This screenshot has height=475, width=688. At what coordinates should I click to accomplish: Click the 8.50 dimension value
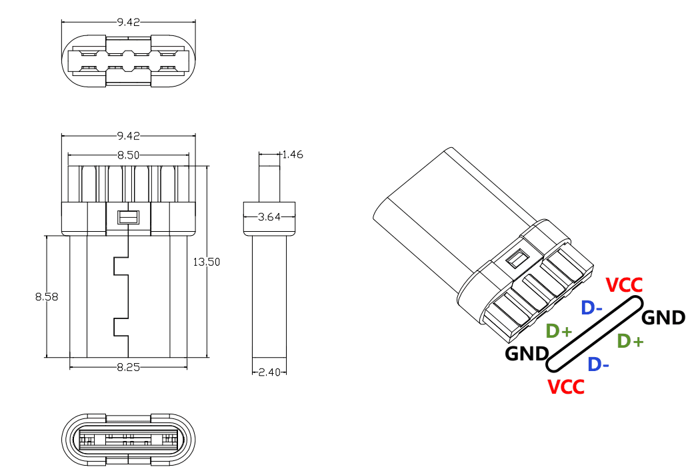(x=128, y=155)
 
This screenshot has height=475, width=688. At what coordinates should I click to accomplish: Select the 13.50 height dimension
(x=207, y=262)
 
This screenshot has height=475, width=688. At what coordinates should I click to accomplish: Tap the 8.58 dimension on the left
(x=47, y=296)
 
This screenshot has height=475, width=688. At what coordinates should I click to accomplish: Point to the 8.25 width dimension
(x=128, y=367)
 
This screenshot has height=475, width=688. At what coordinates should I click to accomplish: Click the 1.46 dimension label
(x=293, y=155)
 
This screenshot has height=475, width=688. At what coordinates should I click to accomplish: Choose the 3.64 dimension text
(x=268, y=217)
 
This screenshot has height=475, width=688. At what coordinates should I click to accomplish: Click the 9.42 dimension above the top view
(x=128, y=22)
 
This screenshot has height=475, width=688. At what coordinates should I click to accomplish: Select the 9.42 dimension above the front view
(x=128, y=136)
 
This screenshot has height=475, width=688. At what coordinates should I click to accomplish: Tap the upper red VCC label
(x=625, y=285)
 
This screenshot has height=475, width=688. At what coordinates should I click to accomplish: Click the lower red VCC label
(x=565, y=386)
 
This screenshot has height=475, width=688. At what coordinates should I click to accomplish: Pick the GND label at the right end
(x=663, y=317)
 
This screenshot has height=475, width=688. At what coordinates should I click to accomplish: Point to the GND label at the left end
(x=527, y=354)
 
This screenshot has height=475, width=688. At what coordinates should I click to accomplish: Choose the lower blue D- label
(x=599, y=364)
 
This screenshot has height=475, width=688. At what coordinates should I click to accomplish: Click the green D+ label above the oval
(x=559, y=331)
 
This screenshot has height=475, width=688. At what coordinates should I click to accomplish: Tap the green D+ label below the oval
(x=630, y=341)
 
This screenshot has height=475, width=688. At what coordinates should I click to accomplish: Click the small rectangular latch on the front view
(x=127, y=217)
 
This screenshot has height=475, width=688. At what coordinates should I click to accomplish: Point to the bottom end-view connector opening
(x=128, y=440)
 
